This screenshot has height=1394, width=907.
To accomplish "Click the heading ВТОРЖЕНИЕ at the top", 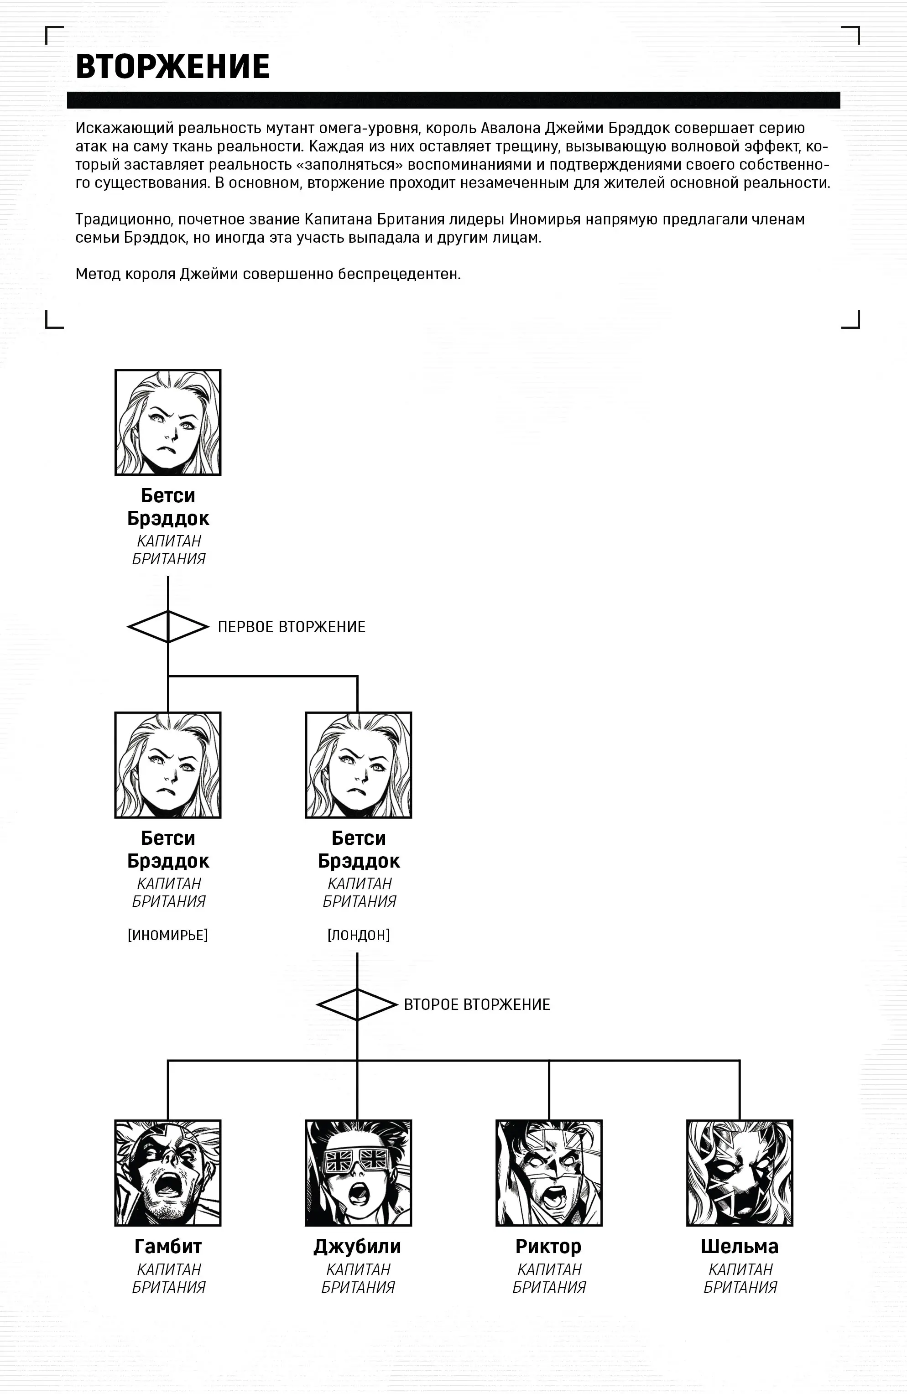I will (172, 66).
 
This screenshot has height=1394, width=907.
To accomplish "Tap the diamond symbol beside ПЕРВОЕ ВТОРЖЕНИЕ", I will (168, 627).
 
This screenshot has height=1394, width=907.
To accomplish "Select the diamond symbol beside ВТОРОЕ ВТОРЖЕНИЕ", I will (357, 1004).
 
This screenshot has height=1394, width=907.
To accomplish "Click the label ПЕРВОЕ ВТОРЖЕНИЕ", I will (291, 627).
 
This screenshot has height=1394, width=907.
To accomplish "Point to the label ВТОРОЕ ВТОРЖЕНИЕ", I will (477, 1004).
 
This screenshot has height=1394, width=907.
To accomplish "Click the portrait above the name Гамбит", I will (168, 1173).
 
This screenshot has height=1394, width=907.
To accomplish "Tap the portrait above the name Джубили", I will (358, 1173).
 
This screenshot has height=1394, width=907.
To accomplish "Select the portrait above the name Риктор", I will (549, 1173).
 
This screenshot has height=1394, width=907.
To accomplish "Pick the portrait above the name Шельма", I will (740, 1173).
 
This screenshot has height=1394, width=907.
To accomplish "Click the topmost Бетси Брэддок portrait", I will (168, 422).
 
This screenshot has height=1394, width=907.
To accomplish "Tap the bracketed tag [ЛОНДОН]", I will (359, 935).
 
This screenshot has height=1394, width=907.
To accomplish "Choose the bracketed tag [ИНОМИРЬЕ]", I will (168, 935).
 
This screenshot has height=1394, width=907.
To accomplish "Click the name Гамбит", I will (168, 1246).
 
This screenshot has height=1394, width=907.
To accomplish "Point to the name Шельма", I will (740, 1246).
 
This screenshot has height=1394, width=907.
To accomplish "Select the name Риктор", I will (548, 1246).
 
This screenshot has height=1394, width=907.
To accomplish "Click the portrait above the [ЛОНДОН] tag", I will (359, 765).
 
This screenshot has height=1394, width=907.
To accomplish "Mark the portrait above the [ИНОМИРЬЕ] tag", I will (168, 765).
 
